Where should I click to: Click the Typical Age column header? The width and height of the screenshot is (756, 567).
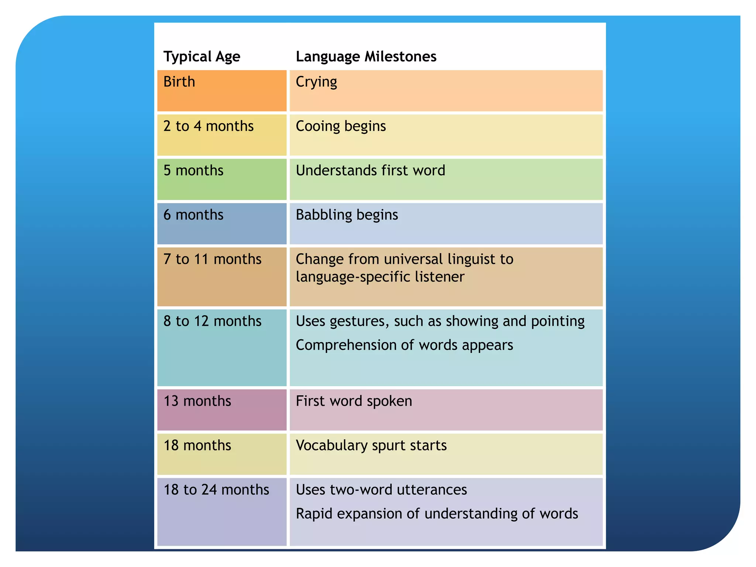(x=202, y=57)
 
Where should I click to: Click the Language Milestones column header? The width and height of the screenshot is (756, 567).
(x=366, y=57)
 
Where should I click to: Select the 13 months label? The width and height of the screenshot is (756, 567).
(x=197, y=401)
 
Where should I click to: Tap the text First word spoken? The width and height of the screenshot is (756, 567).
(x=354, y=401)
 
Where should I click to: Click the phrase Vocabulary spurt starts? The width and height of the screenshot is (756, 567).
(x=371, y=446)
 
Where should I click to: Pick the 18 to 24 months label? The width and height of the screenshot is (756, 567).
(x=216, y=490)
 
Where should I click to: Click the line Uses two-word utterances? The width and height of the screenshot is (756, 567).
(x=381, y=490)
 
